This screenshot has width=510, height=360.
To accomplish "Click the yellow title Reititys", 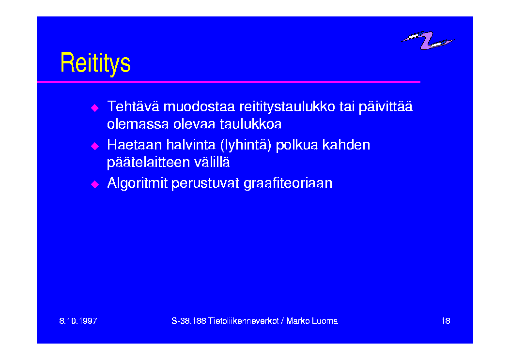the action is tap(95, 63).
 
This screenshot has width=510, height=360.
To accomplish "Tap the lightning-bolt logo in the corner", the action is tap(427, 40).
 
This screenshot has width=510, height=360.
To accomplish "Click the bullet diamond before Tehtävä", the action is tap(94, 108).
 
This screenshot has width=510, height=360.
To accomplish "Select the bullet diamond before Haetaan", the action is tap(94, 146).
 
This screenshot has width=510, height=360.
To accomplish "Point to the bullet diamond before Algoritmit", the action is tap(94, 184).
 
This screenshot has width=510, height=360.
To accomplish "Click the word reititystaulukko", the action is tap(287, 107).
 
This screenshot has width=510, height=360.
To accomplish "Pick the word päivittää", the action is tap(386, 107).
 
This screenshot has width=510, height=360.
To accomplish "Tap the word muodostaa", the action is tap(199, 107).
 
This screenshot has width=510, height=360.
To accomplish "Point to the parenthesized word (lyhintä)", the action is tap(246, 145).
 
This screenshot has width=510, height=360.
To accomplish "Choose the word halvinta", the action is tap(191, 145).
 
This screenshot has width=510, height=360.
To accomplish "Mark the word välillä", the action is tap(212, 162).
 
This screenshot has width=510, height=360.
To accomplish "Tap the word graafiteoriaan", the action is tap(288, 183).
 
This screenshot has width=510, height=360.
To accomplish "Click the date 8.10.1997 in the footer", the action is tap(78, 321).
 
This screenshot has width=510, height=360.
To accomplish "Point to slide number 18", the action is tap(446, 321).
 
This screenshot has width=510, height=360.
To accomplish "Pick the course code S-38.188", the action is tap(189, 321).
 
